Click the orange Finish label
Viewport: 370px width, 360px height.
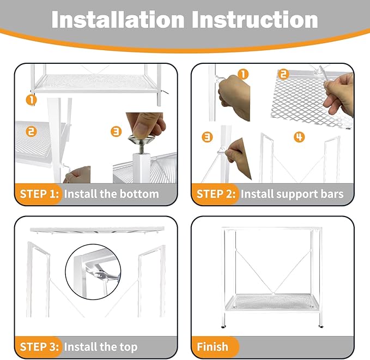tap(213, 347)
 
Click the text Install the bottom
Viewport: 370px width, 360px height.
tap(111, 194)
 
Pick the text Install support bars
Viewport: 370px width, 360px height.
tap(292, 194)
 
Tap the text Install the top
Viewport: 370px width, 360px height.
tap(101, 347)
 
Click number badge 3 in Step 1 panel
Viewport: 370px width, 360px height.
tap(116, 131)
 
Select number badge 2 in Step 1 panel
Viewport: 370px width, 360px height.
tap(32, 131)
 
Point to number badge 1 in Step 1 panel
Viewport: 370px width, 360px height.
tap(32, 99)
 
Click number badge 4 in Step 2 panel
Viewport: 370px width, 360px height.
tap(299, 137)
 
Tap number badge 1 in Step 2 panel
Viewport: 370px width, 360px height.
tap(243, 74)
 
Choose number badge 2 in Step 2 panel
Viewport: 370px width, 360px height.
tap(283, 74)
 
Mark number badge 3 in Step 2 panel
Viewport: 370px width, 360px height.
tap(207, 137)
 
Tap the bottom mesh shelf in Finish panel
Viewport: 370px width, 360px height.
tap(271, 302)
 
